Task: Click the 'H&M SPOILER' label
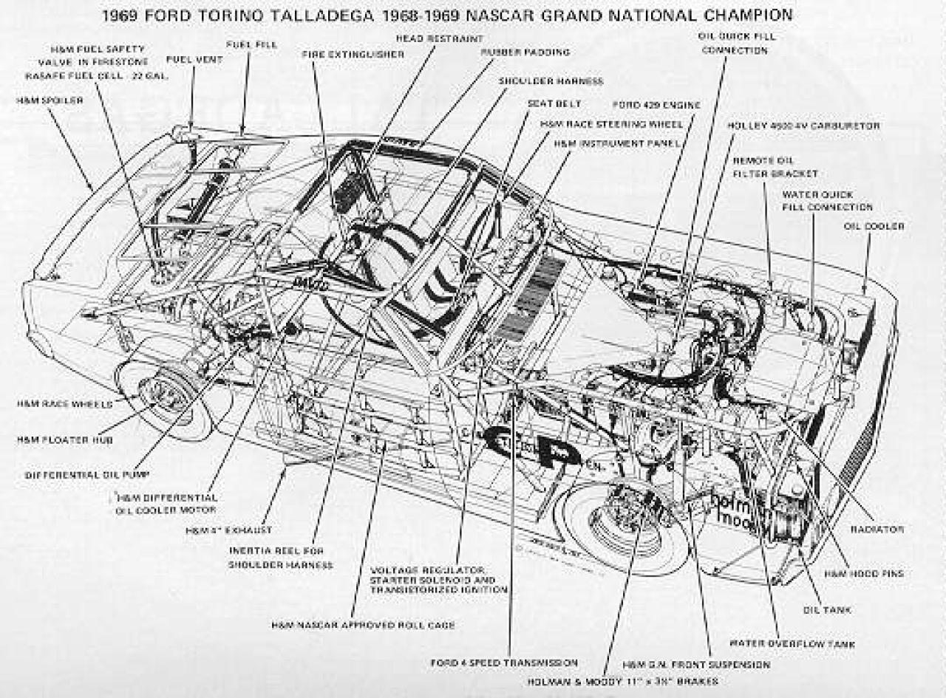pos(50,100)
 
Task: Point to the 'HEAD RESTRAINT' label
pos(439,38)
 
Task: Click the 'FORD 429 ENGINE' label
pos(656,106)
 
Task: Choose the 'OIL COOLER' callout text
pos(874,226)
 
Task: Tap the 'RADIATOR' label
pos(877,530)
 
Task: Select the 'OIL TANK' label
pos(827,610)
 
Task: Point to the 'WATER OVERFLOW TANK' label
pos(792,644)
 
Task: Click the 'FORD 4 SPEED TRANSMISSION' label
pos(504,663)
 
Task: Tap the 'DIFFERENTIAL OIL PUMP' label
pos(87,475)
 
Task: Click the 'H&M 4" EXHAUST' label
pos(228,530)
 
